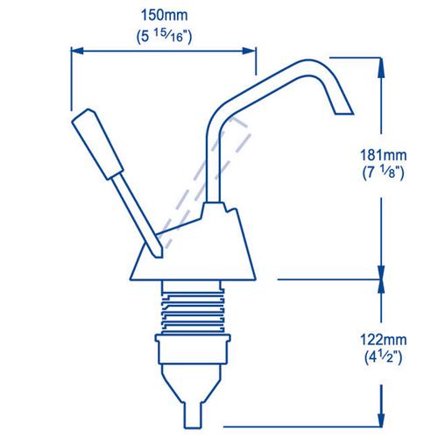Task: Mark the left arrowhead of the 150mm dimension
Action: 74,52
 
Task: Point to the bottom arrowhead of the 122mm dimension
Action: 381,411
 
